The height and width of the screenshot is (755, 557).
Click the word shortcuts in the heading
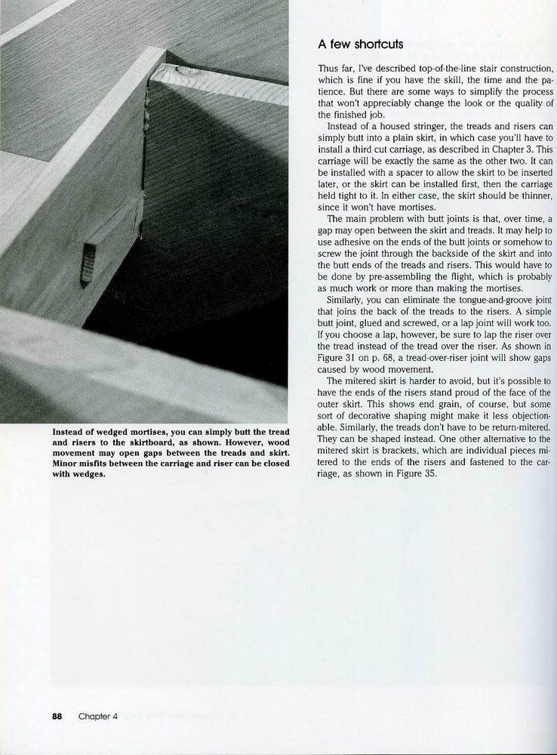(377, 44)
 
